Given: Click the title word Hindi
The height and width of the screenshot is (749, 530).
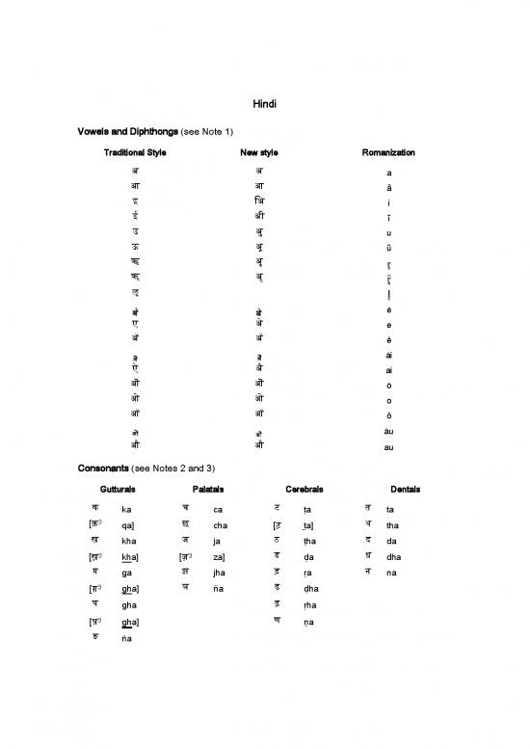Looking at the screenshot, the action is [264, 104].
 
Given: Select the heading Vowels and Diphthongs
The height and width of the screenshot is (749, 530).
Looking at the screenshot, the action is [144, 130].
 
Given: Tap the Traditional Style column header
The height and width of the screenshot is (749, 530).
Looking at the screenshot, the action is [135, 152].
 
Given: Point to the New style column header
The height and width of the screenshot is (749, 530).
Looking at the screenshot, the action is [259, 152].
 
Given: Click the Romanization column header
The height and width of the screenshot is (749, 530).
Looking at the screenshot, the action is [388, 152].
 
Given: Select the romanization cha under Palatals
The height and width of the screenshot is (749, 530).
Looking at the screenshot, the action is [221, 526].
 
